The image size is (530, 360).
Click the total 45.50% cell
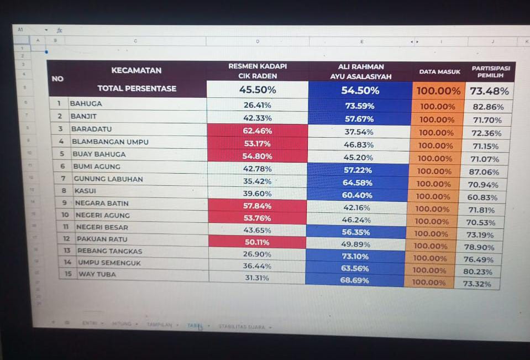coord(257,90)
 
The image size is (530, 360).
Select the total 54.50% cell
coord(360,90)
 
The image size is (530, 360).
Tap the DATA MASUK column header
coord(439,72)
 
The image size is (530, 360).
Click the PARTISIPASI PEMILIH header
coord(490,71)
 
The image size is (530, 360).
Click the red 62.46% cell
coord(258,131)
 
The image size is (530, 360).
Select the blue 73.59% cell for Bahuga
coord(360,106)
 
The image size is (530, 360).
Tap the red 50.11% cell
coord(258,242)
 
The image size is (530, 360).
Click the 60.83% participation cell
coord(482,197)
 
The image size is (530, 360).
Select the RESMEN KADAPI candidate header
coord(258,71)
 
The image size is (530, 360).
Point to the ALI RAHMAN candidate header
coord(360,71)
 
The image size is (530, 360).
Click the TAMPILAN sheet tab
coord(159,325)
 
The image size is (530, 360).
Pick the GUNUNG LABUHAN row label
coord(108,179)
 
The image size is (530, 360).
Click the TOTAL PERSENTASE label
coord(137,88)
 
